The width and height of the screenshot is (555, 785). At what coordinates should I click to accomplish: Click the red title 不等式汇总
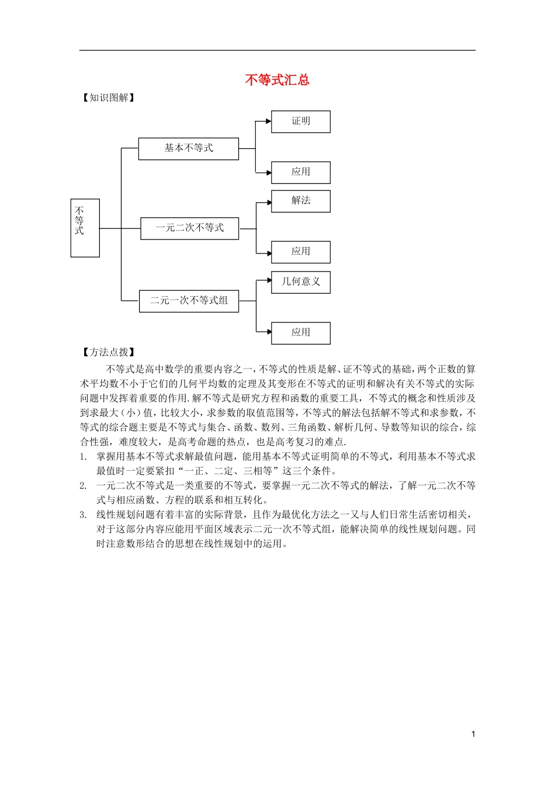click(277, 80)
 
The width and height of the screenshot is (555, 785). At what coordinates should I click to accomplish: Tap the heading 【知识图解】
click(108, 98)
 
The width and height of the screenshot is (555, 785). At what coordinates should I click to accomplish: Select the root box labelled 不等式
click(85, 228)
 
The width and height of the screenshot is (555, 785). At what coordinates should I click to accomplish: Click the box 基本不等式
click(188, 148)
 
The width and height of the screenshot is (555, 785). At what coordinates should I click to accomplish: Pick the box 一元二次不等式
click(189, 228)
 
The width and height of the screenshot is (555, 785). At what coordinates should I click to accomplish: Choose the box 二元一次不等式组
click(189, 301)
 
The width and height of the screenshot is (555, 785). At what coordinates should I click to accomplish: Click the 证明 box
click(301, 121)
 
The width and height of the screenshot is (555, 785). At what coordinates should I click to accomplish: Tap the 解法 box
click(301, 201)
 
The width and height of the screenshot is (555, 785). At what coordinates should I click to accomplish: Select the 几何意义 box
click(301, 282)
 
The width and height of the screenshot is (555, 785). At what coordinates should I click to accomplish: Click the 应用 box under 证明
click(301, 172)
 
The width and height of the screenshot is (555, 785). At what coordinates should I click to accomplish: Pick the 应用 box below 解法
click(301, 252)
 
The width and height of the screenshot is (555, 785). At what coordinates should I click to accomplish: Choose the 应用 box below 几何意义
click(301, 333)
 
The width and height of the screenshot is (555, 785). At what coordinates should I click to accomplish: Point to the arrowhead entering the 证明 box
click(268, 121)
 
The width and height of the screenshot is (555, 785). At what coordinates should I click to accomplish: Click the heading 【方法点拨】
click(108, 352)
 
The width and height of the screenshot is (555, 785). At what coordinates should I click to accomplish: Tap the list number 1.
click(83, 457)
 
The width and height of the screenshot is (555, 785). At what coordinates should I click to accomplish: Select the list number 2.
click(83, 486)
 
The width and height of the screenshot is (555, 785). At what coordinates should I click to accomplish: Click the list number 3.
click(83, 515)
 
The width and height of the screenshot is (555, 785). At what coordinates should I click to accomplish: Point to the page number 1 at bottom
click(473, 734)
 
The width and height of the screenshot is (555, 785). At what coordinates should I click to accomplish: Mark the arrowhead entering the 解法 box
click(268, 203)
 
